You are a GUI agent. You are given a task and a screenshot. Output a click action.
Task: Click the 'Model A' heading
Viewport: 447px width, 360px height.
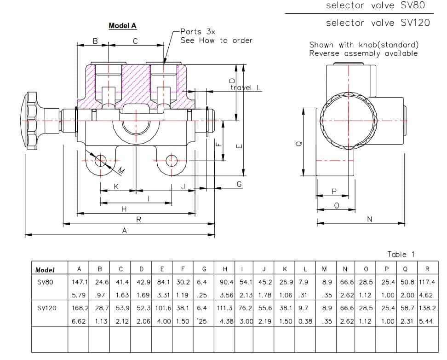point(122,26)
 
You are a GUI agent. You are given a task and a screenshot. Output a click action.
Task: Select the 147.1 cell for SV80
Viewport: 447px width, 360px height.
point(79,282)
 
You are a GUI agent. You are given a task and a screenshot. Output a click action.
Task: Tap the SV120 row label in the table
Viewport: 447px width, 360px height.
point(47,308)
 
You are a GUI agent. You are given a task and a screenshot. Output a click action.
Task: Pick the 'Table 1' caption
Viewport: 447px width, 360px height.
point(401,254)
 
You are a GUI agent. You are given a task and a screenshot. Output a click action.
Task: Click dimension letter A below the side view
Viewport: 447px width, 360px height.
point(124,231)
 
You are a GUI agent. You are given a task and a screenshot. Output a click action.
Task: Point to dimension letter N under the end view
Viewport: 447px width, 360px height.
point(369,219)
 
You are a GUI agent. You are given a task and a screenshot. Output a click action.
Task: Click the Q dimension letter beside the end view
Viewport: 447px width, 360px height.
point(298,144)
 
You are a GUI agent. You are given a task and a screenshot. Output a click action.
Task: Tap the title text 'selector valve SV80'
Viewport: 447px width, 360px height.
point(375,6)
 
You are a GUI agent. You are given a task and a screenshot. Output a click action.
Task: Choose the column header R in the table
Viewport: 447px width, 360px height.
point(427,269)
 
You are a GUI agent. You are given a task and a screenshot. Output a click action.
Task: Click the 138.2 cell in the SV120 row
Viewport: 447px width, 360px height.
point(427,308)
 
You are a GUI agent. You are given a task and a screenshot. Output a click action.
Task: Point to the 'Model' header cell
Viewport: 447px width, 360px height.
point(45,270)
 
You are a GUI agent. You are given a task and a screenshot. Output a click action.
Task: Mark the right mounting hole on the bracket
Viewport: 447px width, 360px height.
point(172,160)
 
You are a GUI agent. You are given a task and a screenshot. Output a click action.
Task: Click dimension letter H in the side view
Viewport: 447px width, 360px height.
point(124,209)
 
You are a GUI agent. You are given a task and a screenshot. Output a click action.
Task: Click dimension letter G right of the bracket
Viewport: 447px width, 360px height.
point(239,184)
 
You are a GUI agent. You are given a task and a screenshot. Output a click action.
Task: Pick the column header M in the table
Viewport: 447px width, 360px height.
point(325,269)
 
